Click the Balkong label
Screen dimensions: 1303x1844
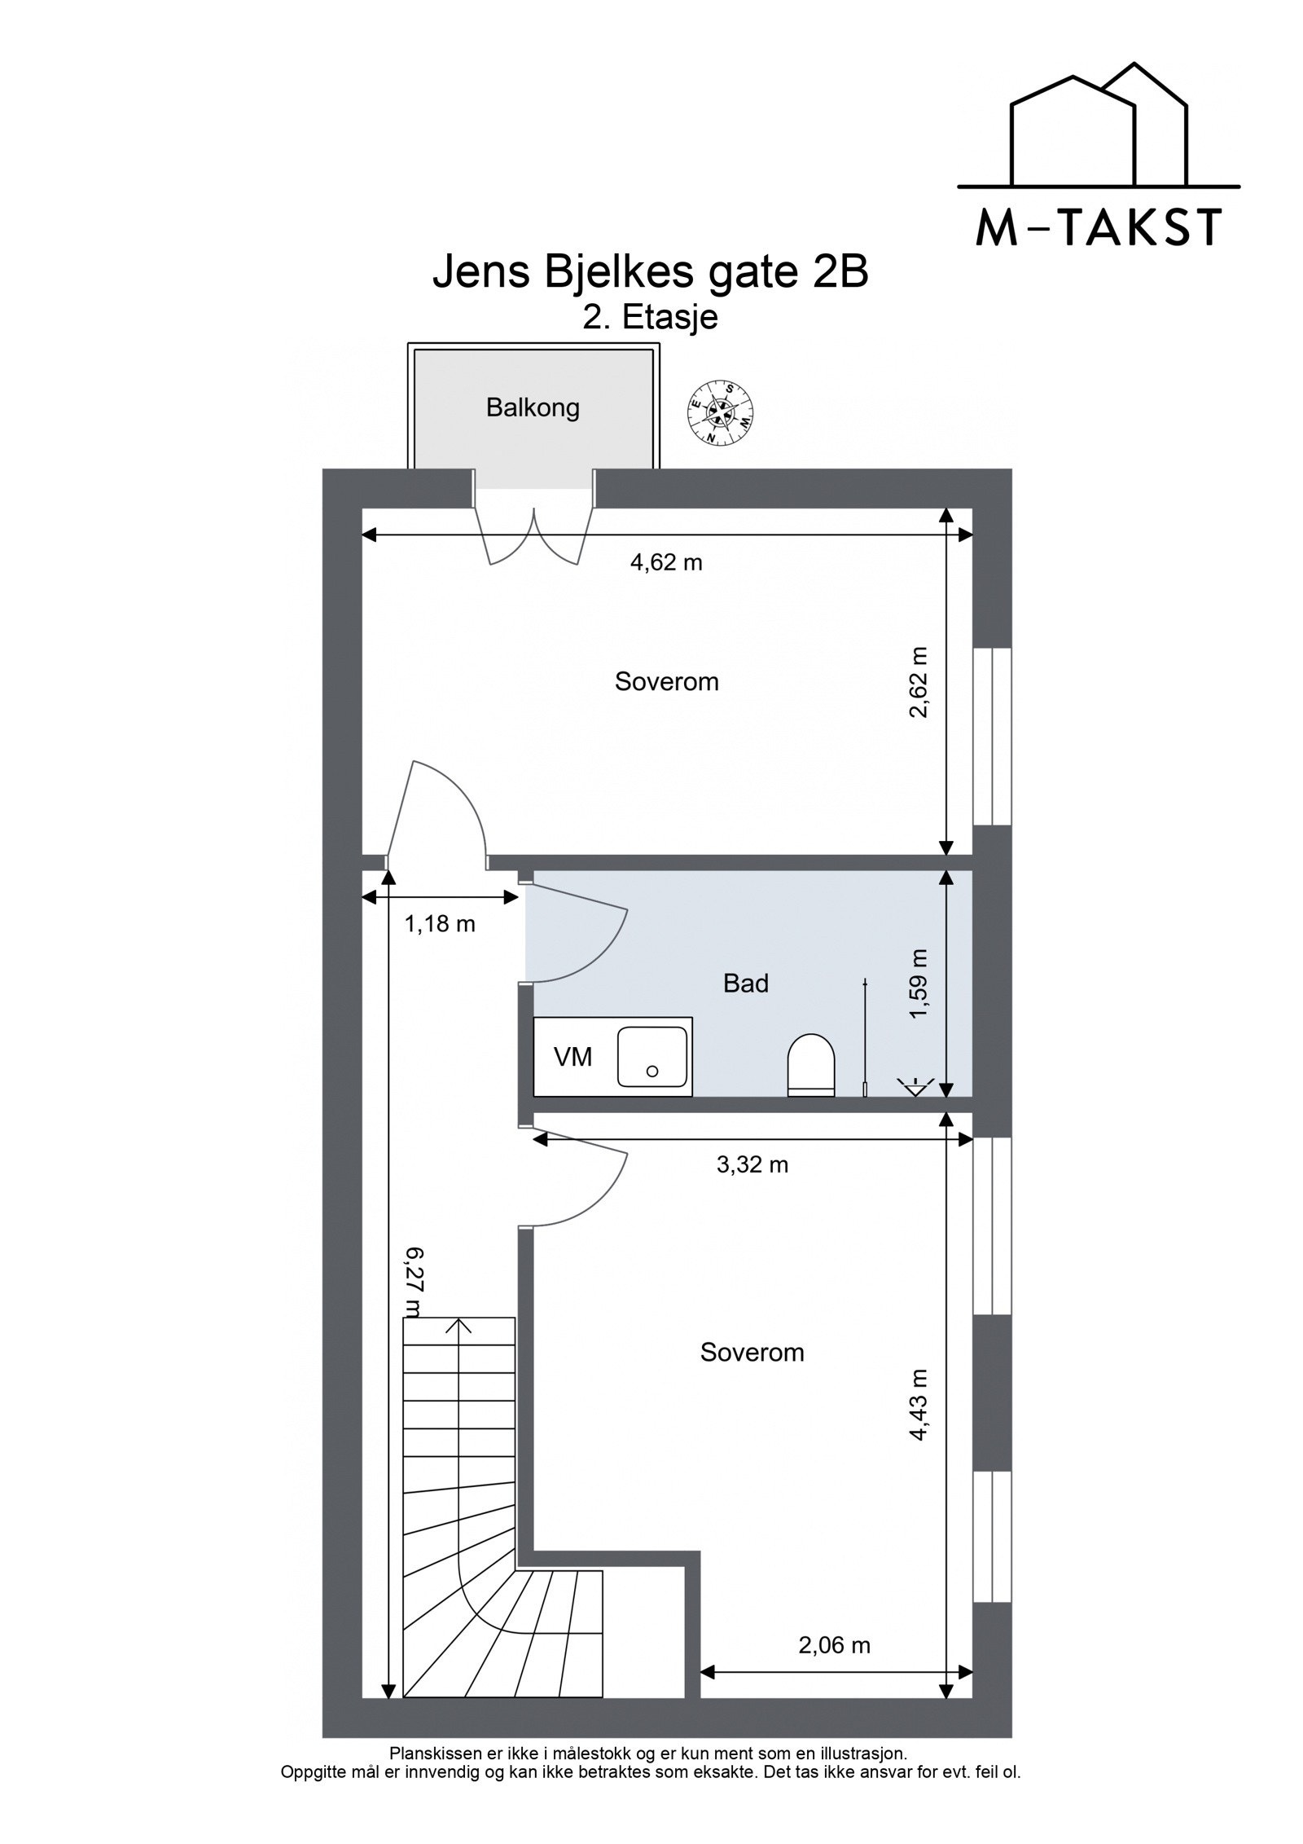click(x=533, y=407)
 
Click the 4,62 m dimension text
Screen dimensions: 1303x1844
click(x=666, y=562)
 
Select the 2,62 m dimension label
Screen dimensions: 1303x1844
click(x=919, y=682)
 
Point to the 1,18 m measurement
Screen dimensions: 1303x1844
click(x=440, y=924)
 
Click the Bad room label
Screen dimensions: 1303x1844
click(x=745, y=984)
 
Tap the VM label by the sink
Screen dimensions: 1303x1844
click(x=573, y=1057)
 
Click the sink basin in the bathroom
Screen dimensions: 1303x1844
click(x=651, y=1056)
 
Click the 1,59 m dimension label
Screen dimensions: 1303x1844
click(x=919, y=984)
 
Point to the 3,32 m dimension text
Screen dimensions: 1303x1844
click(x=752, y=1164)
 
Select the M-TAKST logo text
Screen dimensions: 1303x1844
click(x=1099, y=227)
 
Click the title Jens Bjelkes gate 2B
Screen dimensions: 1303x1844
click(x=651, y=273)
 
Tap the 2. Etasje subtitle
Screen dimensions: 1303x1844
click(x=651, y=318)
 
